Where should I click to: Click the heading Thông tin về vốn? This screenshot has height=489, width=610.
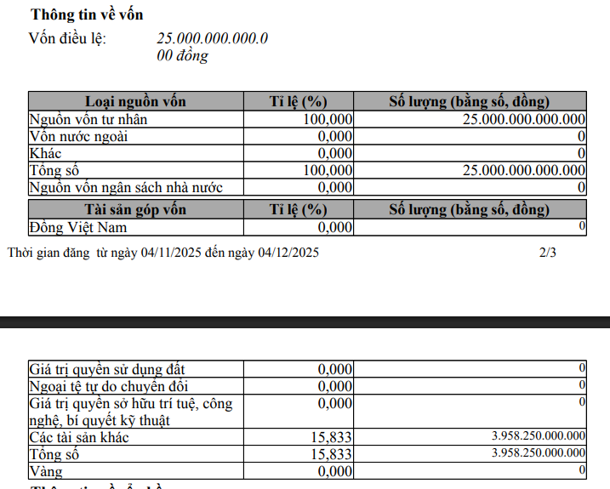[x=87, y=14]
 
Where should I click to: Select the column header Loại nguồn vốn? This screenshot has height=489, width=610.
[x=135, y=102]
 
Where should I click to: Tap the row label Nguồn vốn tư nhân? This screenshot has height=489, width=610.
[x=88, y=119]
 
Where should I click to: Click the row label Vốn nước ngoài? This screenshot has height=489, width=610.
[x=78, y=136]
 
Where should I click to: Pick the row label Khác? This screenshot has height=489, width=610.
[x=45, y=153]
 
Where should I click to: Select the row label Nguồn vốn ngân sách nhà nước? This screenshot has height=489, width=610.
[x=125, y=187]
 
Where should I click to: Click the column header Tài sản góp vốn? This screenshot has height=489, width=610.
[x=135, y=210]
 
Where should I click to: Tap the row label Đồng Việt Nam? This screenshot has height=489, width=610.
[x=77, y=227]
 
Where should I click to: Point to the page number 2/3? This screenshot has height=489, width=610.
[x=548, y=253]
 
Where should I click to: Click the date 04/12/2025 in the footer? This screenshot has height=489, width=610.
[x=288, y=253]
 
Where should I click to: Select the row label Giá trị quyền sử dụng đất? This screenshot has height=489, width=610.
[x=106, y=369]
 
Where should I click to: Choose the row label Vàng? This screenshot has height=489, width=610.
[x=46, y=471]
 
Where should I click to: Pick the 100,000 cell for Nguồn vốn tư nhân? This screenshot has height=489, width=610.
[x=328, y=119]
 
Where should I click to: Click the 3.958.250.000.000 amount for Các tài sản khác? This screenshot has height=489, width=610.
[x=539, y=436]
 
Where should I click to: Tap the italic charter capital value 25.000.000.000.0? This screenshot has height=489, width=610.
[x=213, y=38]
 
